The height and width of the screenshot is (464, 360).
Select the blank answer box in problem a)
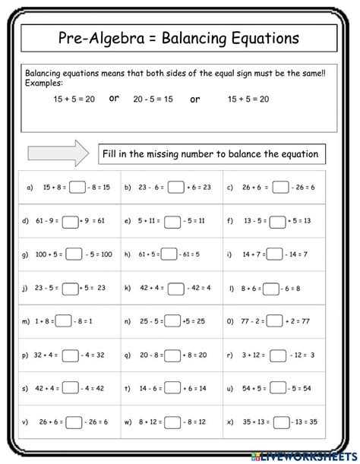click(77, 187)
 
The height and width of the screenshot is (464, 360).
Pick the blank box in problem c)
click(280, 187)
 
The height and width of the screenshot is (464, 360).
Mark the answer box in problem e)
click(172, 222)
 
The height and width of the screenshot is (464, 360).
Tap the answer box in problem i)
click(274, 257)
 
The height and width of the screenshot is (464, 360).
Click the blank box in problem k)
click(176, 288)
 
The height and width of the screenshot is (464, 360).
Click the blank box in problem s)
click(71, 388)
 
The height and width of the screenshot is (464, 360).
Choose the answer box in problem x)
click(282, 421)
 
